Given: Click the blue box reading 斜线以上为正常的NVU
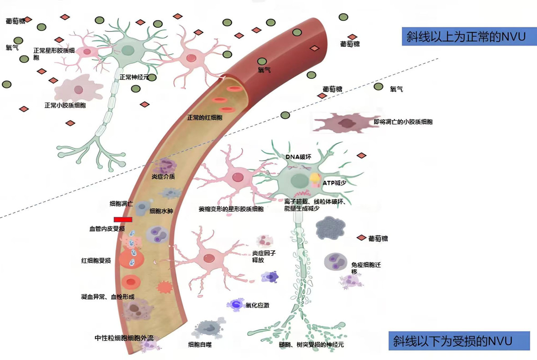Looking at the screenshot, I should (466, 36).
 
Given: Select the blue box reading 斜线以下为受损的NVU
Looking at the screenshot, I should (459, 341).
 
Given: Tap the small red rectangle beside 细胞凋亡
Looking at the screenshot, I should (123, 219).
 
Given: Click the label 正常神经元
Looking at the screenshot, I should (134, 77).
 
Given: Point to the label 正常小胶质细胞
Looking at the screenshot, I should (65, 105).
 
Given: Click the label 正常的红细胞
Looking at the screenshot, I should (204, 117).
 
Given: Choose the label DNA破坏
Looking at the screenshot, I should (298, 157).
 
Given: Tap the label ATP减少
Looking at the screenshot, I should (334, 183).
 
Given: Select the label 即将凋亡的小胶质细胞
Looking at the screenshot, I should (403, 122).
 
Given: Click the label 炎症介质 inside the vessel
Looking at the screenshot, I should (163, 177).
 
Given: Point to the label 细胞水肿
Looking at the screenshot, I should (161, 211).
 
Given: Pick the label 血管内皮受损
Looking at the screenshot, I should (107, 228).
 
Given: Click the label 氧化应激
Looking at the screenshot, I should (257, 305).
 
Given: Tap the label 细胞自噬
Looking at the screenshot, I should (200, 345).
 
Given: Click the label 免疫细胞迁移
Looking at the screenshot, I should (365, 267).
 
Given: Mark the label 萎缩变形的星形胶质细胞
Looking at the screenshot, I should (231, 209).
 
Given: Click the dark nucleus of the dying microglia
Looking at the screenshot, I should (347, 123).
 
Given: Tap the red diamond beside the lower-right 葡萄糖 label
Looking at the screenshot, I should (361, 238).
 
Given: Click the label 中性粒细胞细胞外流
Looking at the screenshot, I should (124, 338).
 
